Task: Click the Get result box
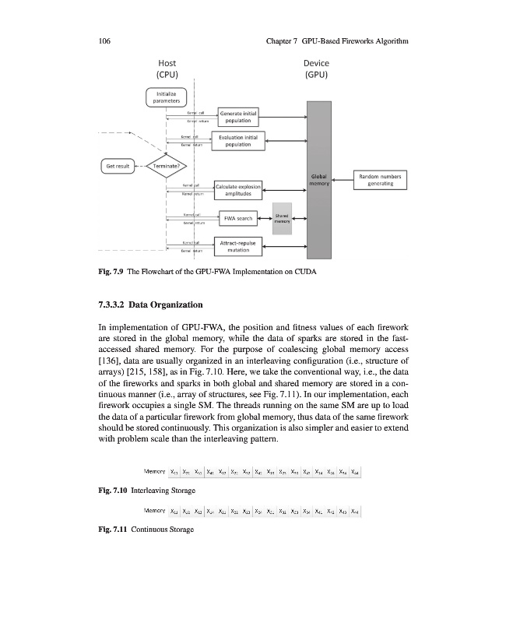tap(117, 165)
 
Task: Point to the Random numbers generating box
tap(381, 180)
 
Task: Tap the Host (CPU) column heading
tap(168, 69)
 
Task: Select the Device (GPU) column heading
tap(316, 69)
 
